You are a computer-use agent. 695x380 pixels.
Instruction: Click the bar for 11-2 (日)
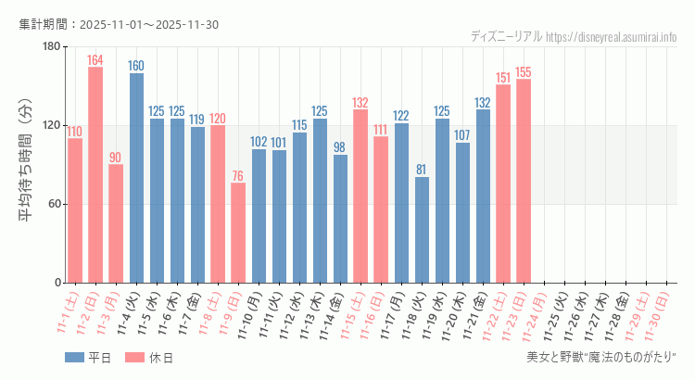click(x=95, y=174)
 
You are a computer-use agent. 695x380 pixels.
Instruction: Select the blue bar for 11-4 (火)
click(x=136, y=177)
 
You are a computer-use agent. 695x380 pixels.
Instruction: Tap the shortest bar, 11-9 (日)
click(x=238, y=233)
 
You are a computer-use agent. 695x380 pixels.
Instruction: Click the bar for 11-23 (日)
click(x=524, y=181)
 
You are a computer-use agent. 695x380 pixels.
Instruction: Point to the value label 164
click(x=95, y=60)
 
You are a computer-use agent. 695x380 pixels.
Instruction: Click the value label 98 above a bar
click(x=340, y=147)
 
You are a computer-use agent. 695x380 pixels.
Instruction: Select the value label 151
click(x=503, y=78)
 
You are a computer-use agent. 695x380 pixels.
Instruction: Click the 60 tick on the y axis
click(x=54, y=204)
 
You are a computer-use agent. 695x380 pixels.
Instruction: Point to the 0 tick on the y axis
click(x=57, y=283)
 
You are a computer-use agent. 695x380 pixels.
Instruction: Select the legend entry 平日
click(x=87, y=357)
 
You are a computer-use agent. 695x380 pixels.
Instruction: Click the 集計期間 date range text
click(x=119, y=24)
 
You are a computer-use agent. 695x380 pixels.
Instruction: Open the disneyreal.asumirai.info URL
click(x=612, y=36)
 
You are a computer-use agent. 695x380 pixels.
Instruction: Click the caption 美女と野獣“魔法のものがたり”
click(x=601, y=357)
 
